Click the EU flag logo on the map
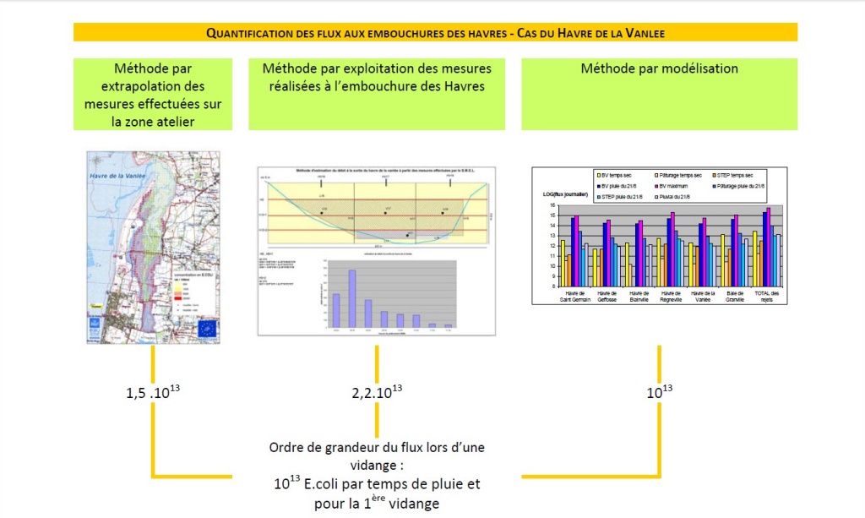(x=207, y=328)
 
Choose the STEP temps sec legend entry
(x=743, y=172)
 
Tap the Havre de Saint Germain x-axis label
(x=574, y=297)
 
